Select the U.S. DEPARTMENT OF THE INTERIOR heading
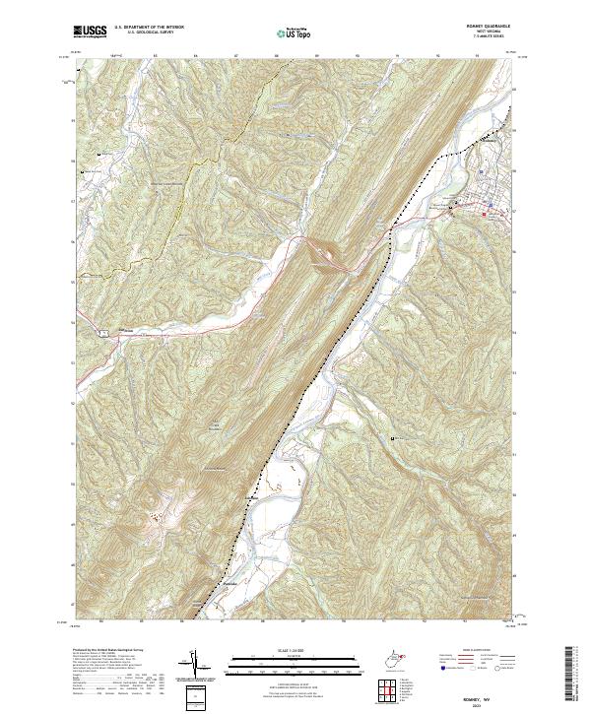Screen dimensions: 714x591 (148, 28)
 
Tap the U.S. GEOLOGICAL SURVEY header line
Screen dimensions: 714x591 (148, 33)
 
